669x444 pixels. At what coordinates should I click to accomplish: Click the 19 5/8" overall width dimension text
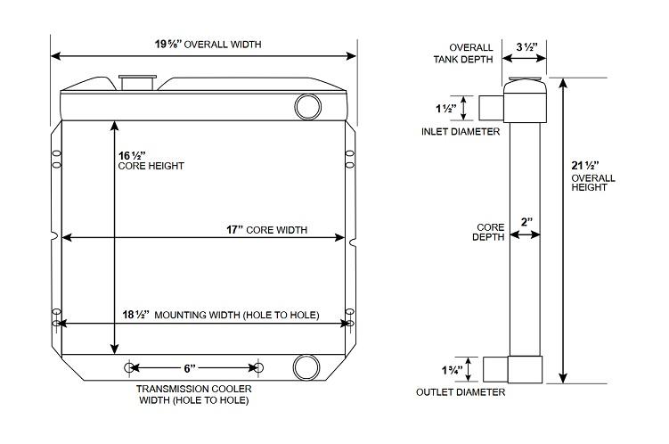tap(208, 44)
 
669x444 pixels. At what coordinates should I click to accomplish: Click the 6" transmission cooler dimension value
tap(189, 367)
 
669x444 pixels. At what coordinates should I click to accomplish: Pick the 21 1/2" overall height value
tap(583, 165)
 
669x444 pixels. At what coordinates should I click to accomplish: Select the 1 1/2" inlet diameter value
tap(445, 109)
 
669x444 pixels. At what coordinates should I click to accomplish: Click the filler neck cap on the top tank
tap(137, 83)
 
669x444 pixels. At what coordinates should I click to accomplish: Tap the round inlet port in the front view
tap(306, 107)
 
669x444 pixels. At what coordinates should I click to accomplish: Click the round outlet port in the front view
tap(306, 366)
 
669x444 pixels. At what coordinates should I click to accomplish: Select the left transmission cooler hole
tap(130, 367)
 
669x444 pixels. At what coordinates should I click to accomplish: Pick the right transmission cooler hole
tap(259, 367)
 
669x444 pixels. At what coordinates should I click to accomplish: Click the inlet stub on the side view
tap(492, 108)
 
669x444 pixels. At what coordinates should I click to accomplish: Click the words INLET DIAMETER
tap(460, 132)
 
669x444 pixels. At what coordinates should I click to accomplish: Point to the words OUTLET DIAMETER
tap(461, 392)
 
